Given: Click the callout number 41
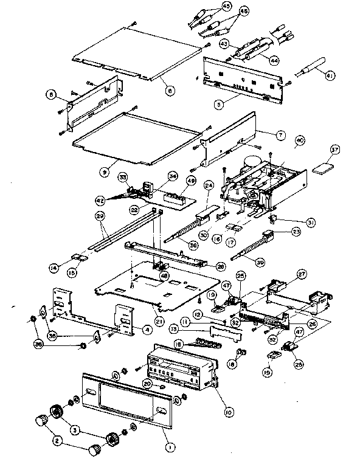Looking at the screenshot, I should [x=330, y=76].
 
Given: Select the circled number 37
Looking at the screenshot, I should [x=334, y=149].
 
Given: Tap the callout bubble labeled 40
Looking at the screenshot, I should [x=299, y=139].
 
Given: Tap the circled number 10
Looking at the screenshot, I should [x=229, y=412].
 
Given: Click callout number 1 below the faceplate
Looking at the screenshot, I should [x=170, y=446].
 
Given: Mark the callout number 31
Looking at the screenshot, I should [x=311, y=223].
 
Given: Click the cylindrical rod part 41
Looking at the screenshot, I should [x=310, y=69].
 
